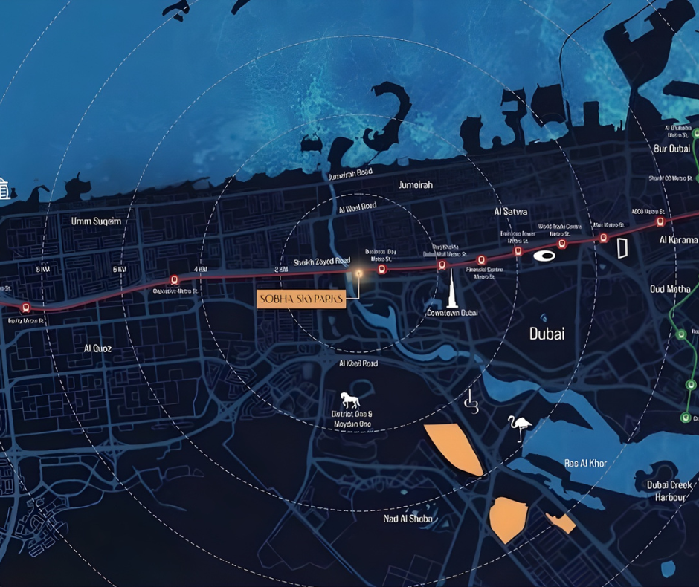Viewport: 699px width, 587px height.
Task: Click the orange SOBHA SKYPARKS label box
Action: [302, 299]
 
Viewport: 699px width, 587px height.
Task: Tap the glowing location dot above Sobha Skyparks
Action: [358, 273]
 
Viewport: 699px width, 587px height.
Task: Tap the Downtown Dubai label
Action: [451, 314]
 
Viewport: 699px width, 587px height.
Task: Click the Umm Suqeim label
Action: [96, 221]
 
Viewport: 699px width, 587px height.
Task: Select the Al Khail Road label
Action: [358, 363]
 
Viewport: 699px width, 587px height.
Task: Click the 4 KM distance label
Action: [200, 268]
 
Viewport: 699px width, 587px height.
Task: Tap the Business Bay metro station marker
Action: [381, 269]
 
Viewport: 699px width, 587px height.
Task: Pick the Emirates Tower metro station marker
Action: [518, 251]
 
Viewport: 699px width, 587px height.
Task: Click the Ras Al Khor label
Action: [585, 463]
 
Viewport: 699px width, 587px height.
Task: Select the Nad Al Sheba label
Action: [408, 518]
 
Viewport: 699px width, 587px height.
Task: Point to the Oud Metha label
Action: [669, 289]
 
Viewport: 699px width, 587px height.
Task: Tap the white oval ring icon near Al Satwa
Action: [544, 256]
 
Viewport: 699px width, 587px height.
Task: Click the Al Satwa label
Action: [510, 212]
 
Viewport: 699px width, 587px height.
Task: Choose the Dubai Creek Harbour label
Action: [669, 491]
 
